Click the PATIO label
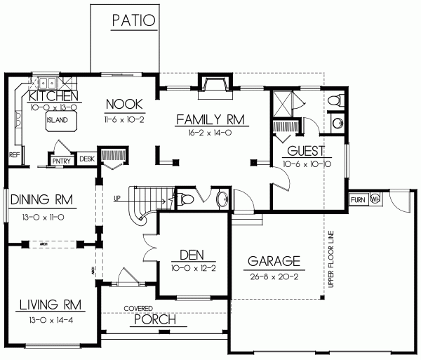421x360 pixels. [133, 20]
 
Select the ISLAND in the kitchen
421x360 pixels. [58, 119]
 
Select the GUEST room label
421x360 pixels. [304, 151]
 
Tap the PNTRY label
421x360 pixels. [61, 160]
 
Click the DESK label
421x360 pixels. [87, 159]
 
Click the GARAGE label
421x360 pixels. [274, 262]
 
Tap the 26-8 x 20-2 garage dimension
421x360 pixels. [274, 276]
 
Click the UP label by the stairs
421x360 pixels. [116, 198]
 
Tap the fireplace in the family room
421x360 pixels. [211, 84]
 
